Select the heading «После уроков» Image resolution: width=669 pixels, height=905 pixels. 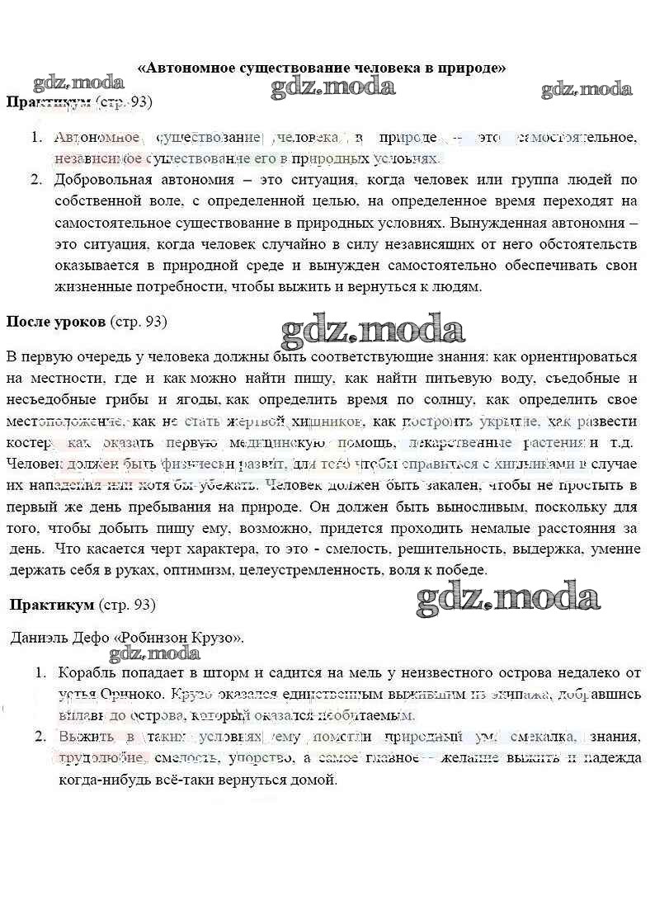pyautogui.click(x=55, y=322)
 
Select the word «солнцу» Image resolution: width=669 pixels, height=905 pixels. pyautogui.click(x=446, y=400)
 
